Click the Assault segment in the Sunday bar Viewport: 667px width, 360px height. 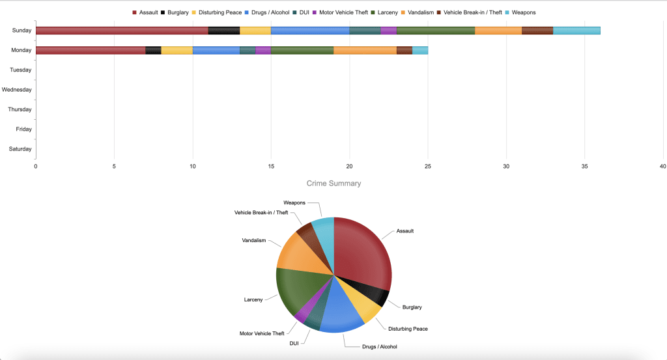(122, 31)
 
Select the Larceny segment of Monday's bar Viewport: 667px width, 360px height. (302, 50)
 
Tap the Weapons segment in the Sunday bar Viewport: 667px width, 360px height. (576, 31)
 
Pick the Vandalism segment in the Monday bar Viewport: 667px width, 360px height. (365, 50)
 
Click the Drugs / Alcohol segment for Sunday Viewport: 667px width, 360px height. (310, 31)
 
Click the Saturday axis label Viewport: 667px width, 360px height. (20, 149)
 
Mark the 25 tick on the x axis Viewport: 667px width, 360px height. (428, 167)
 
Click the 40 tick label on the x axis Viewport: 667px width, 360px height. (662, 167)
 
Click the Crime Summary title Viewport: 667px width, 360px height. (333, 184)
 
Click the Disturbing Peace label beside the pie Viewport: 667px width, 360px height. (408, 329)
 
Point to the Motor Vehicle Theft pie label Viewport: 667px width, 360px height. (262, 333)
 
